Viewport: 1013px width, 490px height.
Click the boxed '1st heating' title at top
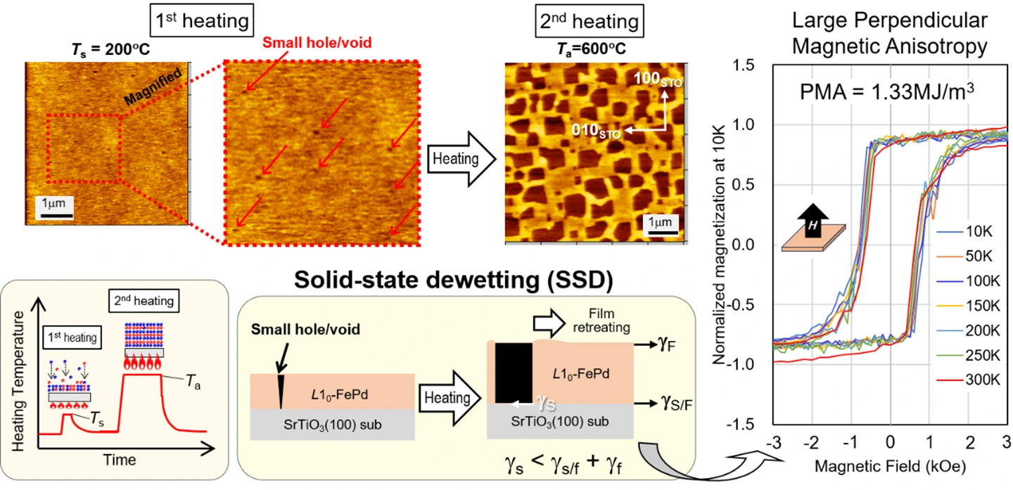(x=202, y=20)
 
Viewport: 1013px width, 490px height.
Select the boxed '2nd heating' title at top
(x=590, y=21)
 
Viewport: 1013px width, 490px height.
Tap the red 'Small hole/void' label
(x=317, y=42)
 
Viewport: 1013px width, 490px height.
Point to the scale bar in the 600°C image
(x=663, y=233)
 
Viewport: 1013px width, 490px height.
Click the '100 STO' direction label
(x=658, y=79)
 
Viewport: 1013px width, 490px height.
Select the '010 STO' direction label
(x=596, y=131)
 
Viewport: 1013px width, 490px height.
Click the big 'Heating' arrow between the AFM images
(x=461, y=159)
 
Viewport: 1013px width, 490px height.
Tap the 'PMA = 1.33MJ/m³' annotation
(x=886, y=91)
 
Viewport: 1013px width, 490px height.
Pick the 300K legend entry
(x=968, y=380)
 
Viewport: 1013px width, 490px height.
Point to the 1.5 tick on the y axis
(x=744, y=65)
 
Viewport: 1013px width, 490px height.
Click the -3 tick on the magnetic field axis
(x=774, y=442)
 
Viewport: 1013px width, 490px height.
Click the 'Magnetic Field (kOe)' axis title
(x=890, y=467)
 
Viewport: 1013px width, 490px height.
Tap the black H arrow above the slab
(x=813, y=221)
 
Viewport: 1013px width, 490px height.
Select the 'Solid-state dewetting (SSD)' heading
(x=453, y=281)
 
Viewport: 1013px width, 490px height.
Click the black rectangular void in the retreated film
(x=514, y=373)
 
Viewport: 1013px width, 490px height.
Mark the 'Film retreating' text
(x=601, y=321)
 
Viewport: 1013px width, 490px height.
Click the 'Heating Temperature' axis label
(x=18, y=381)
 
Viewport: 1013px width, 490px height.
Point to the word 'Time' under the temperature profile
(x=120, y=460)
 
